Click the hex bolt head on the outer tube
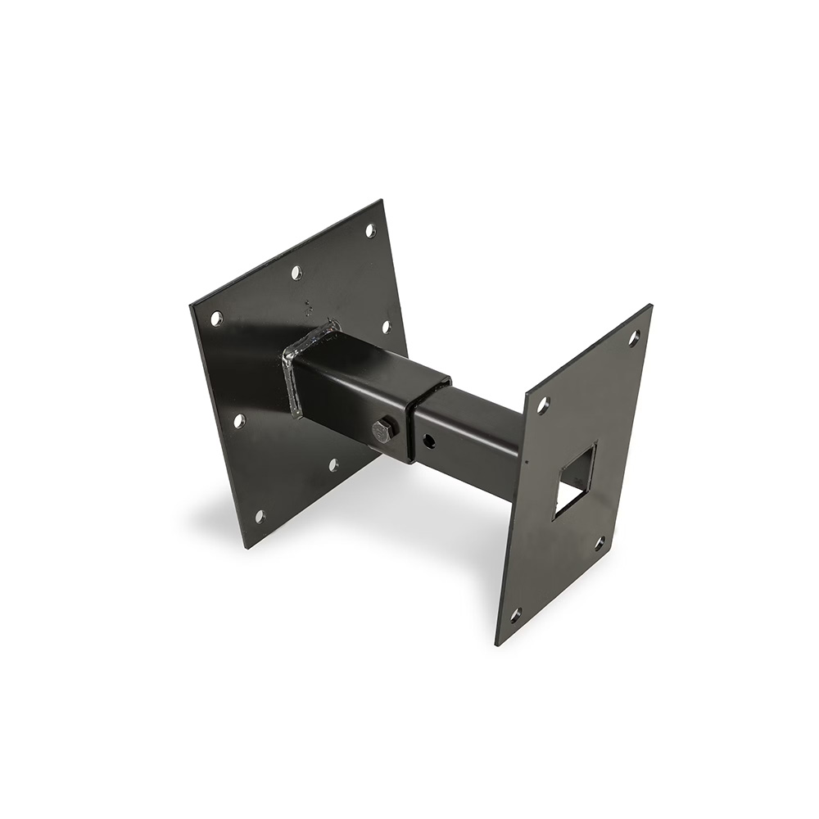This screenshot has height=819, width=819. pos(382,428)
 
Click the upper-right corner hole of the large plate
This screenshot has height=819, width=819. pos(370,230)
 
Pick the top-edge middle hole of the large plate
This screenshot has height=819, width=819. pos(296,272)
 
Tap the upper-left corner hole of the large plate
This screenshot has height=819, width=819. pos(216,318)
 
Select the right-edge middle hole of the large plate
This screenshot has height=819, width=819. pos(387,326)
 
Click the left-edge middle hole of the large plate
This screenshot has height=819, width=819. pos(239,421)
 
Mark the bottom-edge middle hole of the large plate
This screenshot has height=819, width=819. pos(333,464)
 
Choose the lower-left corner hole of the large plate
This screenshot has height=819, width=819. pos(260,517)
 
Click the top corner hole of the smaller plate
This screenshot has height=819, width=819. pos(634,336)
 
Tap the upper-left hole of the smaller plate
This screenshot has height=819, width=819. pos(542,404)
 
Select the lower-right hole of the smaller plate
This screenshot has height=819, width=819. pos(600,542)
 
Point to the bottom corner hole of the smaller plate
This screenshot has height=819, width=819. pos(515,613)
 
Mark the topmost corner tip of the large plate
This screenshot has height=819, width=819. pos(382,201)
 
